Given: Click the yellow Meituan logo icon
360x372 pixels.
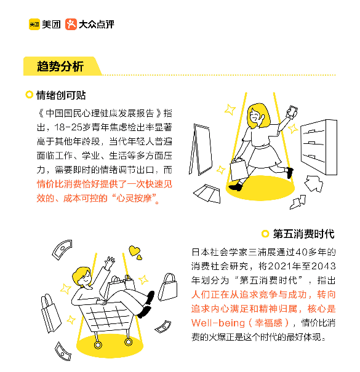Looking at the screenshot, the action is [x=34, y=25].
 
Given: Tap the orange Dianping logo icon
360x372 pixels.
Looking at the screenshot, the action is [x=71, y=25].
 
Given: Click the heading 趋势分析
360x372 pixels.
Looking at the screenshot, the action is [x=60, y=66].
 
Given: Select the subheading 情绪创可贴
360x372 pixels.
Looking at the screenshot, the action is [x=61, y=95].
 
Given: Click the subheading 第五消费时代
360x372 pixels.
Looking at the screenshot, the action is [x=304, y=234].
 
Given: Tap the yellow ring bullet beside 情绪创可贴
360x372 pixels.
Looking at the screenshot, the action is [x=29, y=95].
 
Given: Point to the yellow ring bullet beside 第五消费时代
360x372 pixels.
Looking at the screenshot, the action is [x=265, y=234].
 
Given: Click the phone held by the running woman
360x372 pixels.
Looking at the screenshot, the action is [x=292, y=111].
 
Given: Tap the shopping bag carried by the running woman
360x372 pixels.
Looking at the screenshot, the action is [x=239, y=169].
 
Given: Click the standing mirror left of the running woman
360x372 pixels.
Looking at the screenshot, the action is [x=201, y=149].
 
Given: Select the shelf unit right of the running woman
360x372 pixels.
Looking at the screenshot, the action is [x=319, y=147].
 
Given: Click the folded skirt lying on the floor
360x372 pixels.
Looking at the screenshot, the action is [x=207, y=193].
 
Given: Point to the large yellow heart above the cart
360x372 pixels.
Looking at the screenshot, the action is [x=134, y=250].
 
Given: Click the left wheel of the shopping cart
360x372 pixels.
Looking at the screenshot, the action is [x=98, y=344].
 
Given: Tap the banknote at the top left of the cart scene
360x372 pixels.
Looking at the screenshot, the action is [x=62, y=250].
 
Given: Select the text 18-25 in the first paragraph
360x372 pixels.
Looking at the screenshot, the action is [x=68, y=127].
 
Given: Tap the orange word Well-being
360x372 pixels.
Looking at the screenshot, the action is [x=218, y=323].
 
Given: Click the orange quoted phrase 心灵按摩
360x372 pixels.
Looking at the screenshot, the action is [x=134, y=198].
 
